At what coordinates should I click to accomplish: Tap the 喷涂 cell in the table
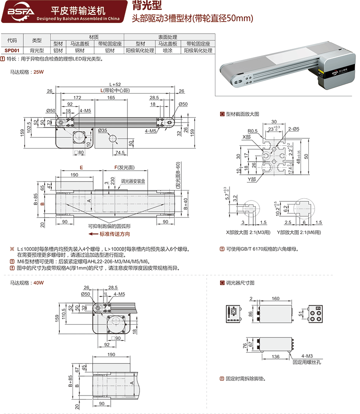[168, 51]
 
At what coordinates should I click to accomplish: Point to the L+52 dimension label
[115, 84]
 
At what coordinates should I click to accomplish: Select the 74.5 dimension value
[119, 153]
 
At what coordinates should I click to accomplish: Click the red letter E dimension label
[81, 167]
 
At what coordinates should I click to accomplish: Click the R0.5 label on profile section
[252, 131]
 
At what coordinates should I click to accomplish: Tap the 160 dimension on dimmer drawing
[275, 298]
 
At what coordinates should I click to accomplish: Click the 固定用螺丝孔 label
[306, 362]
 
